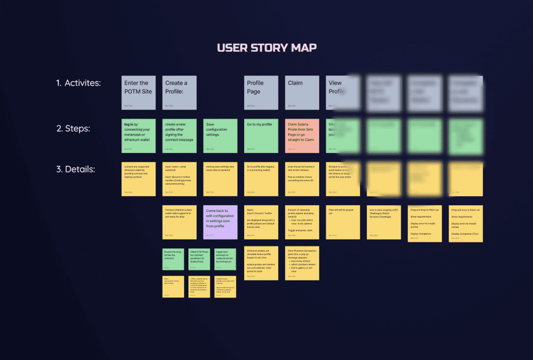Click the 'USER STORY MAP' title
click(x=266, y=48)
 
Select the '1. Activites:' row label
click(x=79, y=83)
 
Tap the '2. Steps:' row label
click(x=73, y=128)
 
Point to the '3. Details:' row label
click(x=75, y=169)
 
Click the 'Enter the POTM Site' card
click(x=138, y=93)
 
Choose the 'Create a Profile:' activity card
click(x=180, y=93)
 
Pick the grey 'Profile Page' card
click(x=261, y=93)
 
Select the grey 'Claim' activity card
click(x=302, y=93)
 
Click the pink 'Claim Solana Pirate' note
click(x=302, y=136)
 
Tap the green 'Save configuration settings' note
click(x=220, y=136)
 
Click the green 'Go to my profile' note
click(x=261, y=136)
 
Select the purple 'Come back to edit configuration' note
click(x=220, y=222)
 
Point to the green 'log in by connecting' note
click(x=138, y=136)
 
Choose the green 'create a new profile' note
click(x=180, y=136)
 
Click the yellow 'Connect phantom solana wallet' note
click(x=180, y=222)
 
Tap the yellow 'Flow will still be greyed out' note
click(x=343, y=222)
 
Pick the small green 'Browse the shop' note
click(x=173, y=259)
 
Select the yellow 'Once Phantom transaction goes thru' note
click(x=302, y=263)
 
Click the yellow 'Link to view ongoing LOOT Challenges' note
click(x=384, y=222)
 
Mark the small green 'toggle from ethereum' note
click(x=225, y=259)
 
